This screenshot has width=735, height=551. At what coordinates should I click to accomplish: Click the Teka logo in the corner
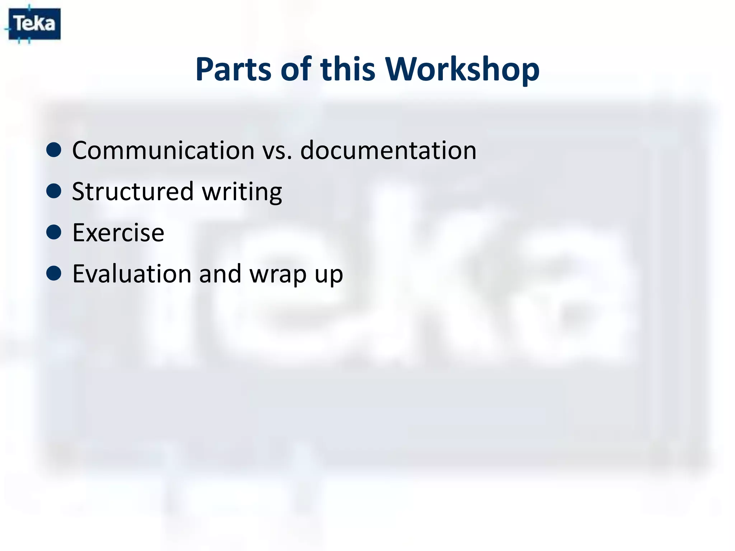(34, 24)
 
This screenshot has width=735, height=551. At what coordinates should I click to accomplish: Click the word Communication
(163, 150)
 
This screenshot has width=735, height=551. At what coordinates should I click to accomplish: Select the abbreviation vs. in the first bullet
(277, 151)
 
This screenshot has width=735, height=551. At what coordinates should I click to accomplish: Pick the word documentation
(388, 150)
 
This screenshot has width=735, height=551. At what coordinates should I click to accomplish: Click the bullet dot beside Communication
(54, 150)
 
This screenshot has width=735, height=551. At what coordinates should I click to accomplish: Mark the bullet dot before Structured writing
(54, 191)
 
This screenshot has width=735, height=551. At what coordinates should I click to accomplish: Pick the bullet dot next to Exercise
(54, 232)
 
